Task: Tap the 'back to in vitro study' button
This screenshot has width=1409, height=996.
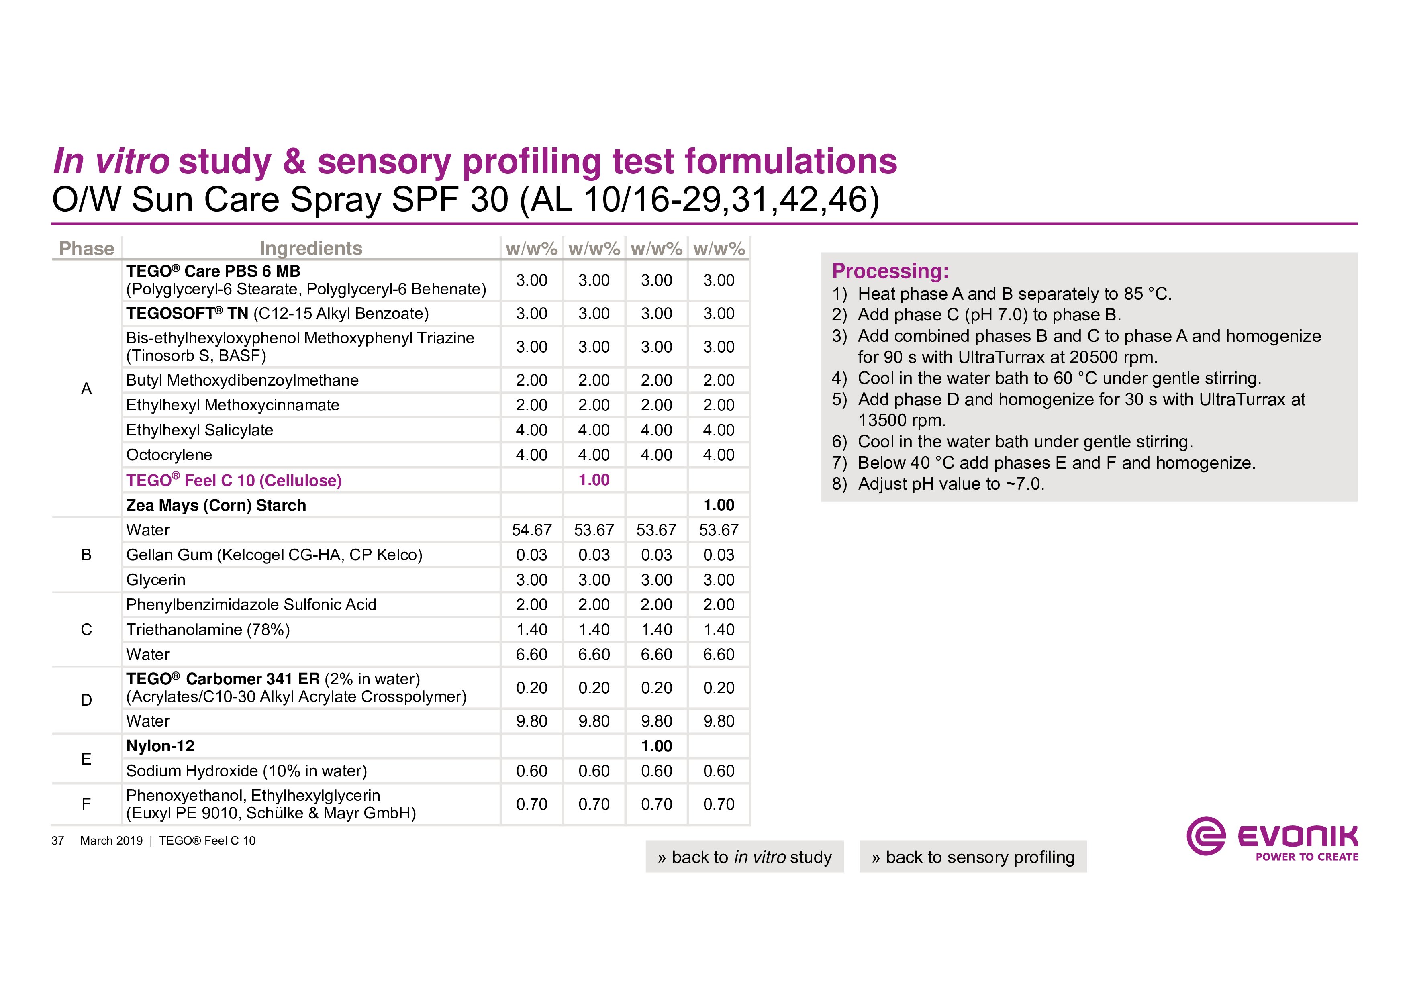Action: [744, 857]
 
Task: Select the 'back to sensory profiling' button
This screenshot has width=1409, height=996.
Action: [973, 857]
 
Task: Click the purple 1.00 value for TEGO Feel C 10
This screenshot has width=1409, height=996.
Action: [593, 480]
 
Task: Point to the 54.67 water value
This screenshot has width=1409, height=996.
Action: [531, 530]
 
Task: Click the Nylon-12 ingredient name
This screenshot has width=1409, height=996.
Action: [160, 746]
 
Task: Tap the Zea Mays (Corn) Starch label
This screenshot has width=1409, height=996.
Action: [216, 505]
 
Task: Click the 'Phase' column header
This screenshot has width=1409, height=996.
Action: [86, 249]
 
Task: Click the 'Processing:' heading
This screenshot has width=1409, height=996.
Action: [890, 271]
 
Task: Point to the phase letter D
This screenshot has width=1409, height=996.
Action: [86, 700]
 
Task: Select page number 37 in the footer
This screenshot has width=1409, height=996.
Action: [58, 841]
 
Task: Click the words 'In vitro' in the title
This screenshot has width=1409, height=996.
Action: [111, 161]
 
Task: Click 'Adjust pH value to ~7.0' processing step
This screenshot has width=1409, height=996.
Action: [951, 484]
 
